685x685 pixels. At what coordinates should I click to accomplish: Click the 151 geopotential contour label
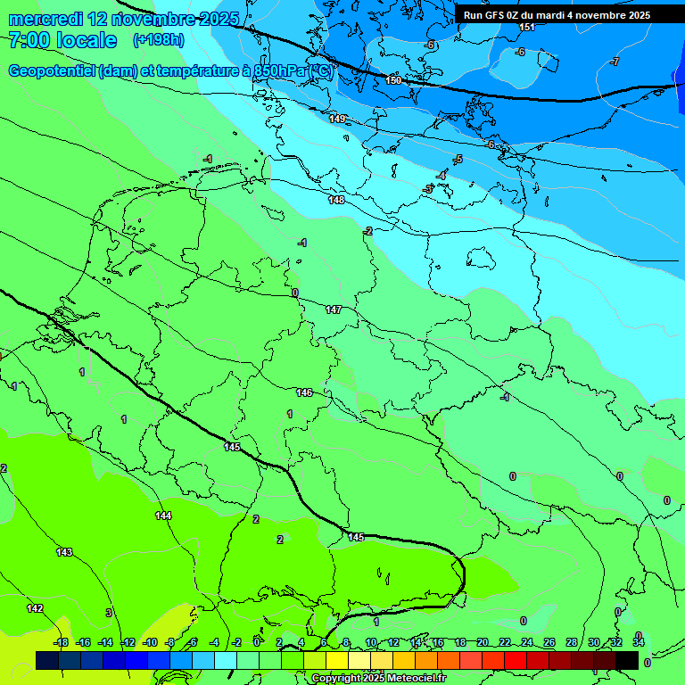[527, 28]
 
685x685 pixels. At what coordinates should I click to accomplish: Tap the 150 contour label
[394, 80]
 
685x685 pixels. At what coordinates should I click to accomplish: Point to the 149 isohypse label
[337, 119]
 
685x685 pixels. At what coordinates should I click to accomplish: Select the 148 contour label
[336, 201]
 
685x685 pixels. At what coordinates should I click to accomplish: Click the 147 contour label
[334, 309]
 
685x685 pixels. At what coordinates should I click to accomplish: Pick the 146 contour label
[304, 392]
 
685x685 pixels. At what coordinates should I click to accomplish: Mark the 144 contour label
[163, 516]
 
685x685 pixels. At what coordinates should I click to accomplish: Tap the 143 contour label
[64, 552]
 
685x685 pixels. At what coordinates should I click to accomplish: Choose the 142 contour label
[34, 608]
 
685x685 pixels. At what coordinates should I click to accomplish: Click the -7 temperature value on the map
[615, 62]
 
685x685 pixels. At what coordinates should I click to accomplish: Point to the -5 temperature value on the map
[458, 160]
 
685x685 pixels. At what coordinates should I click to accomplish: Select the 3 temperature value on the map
[109, 613]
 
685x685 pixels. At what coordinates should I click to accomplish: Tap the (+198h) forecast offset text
[158, 40]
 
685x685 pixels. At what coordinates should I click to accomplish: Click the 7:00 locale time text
[62, 40]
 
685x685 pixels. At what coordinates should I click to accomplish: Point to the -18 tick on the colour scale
[61, 642]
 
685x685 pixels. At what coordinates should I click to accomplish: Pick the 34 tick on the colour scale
[639, 642]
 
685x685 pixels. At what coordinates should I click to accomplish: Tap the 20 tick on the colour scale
[483, 642]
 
